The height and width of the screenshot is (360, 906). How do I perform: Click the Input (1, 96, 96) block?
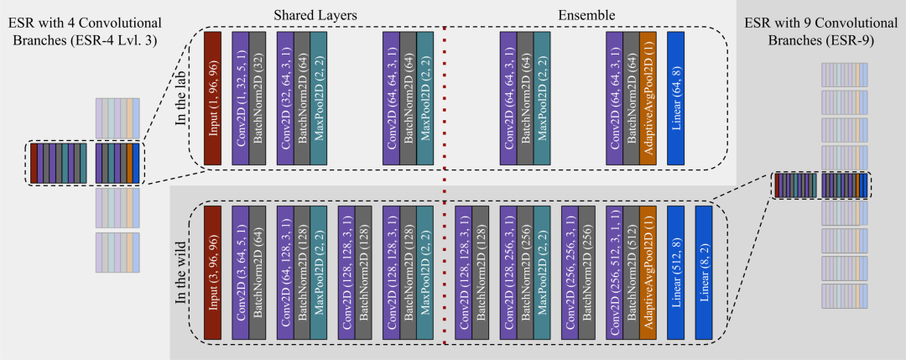coord(212,97)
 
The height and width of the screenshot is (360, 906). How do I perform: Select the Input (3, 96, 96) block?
coord(212,271)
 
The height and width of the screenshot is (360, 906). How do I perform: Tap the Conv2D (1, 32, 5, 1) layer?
coord(240,97)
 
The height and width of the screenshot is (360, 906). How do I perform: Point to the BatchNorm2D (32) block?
coord(258,97)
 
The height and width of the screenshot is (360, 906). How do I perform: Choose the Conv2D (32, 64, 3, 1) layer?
coord(284,97)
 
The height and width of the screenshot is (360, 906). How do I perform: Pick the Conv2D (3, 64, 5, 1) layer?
coord(240,271)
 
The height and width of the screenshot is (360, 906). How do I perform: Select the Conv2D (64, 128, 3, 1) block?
coord(284,271)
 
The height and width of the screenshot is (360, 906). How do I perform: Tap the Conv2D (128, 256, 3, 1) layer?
coord(507,271)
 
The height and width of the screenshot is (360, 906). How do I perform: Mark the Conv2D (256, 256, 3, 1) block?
coord(570,271)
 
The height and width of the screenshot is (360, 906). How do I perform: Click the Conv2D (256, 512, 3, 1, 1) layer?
coord(614,271)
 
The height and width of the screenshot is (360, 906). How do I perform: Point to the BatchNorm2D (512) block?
coord(631,271)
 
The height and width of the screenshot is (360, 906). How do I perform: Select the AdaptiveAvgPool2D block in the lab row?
coord(648,97)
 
